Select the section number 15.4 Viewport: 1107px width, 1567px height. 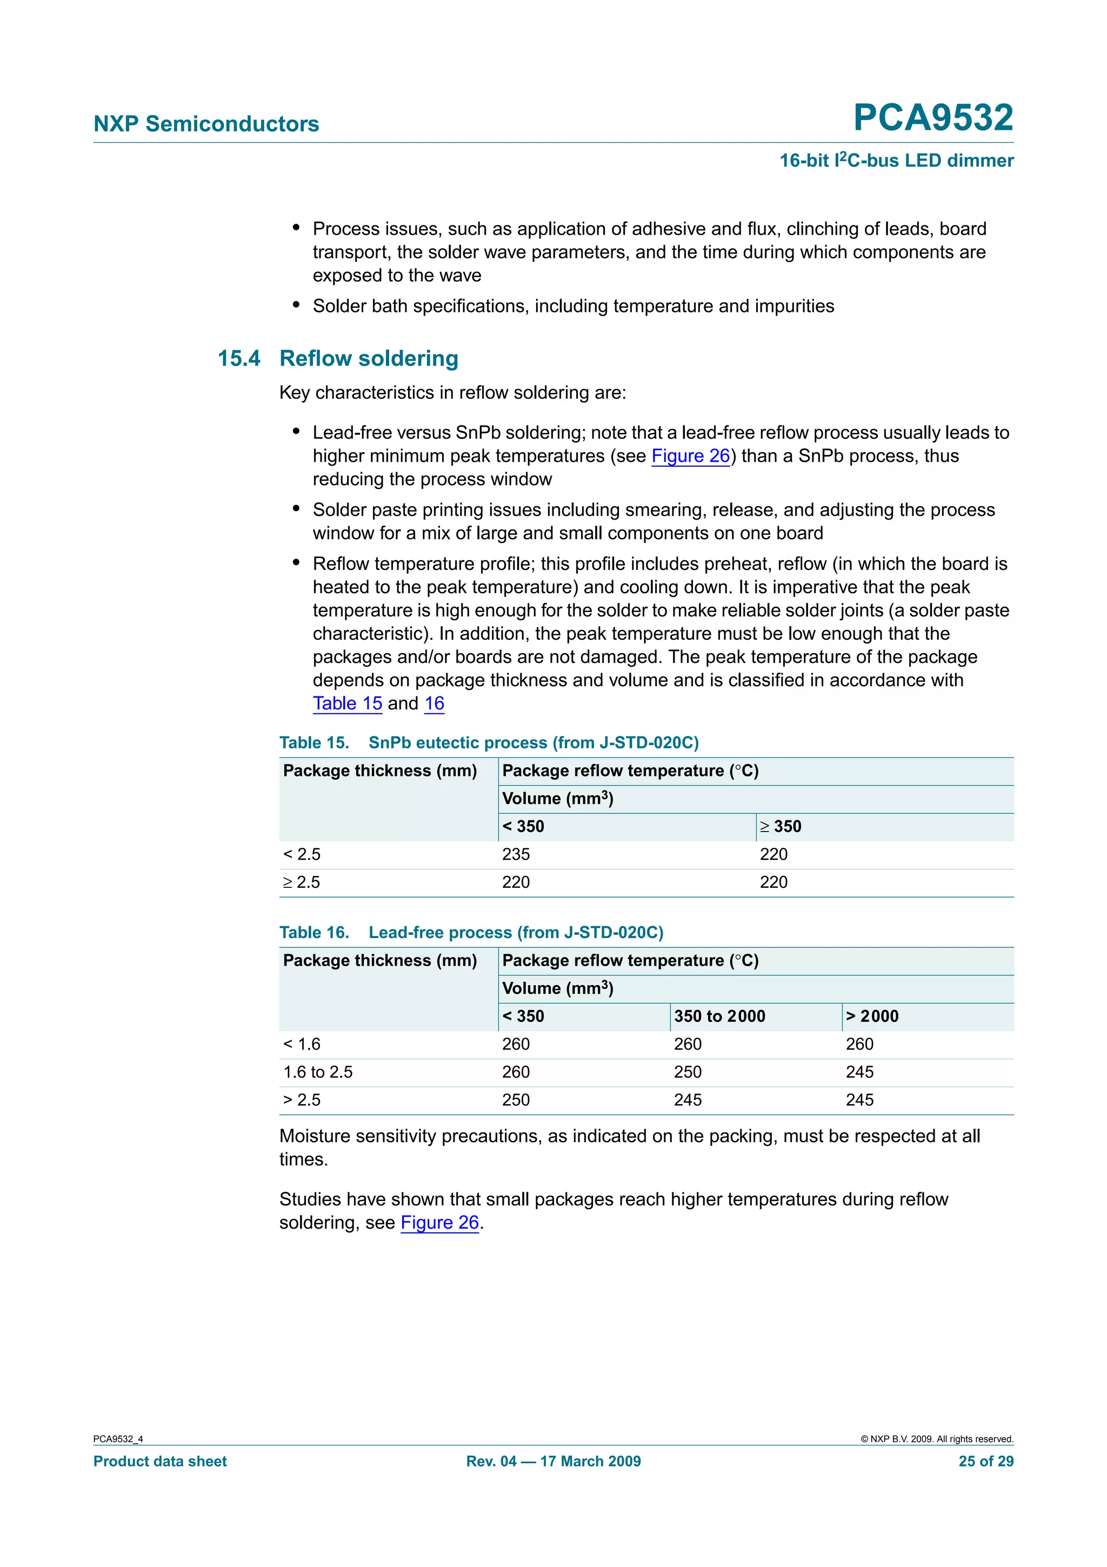[239, 358]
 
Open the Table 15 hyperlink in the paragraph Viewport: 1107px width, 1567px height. [347, 703]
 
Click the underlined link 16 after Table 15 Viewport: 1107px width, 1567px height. [434, 703]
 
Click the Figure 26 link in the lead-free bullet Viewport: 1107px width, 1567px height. [690, 455]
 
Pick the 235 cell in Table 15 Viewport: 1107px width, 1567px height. [516, 854]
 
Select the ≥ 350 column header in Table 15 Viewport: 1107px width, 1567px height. [781, 827]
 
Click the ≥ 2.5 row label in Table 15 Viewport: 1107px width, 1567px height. [302, 882]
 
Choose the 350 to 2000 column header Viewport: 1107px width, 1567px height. [719, 1016]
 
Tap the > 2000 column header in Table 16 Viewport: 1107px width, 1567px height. [872, 1016]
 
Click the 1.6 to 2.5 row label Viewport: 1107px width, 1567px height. [318, 1072]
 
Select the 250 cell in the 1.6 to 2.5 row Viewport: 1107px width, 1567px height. [688, 1072]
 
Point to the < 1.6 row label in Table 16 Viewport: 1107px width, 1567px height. [302, 1044]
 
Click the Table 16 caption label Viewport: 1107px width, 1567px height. [314, 932]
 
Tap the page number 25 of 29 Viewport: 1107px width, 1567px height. [985, 1460]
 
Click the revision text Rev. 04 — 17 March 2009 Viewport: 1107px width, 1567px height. [553, 1460]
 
